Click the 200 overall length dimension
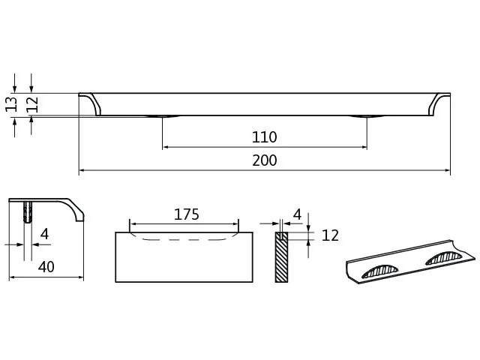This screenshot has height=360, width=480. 265,160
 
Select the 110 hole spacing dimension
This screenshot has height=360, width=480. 265,137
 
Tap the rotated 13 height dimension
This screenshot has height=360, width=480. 11,104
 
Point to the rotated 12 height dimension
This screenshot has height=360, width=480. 32,104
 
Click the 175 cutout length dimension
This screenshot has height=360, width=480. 187,214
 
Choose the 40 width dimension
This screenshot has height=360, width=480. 46,267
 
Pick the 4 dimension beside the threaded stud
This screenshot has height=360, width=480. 45,234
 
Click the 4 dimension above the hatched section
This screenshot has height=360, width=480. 297,214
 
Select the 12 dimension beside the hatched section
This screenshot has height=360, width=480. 330,235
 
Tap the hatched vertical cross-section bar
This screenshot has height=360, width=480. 281,257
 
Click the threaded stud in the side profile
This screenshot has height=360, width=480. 28,211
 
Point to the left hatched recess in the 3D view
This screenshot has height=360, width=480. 380,271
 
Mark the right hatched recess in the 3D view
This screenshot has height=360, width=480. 443,258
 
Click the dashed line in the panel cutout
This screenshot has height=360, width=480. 182,240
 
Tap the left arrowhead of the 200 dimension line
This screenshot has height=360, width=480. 82,170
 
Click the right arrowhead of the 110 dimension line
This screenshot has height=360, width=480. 364,147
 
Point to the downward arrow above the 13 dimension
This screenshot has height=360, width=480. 15,83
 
